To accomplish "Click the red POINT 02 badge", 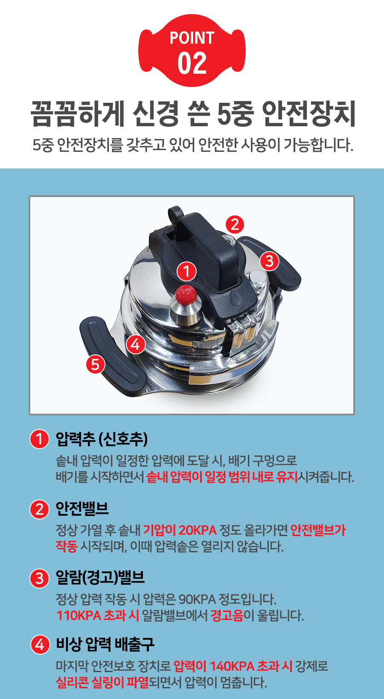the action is click(192, 51).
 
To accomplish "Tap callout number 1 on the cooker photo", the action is click(187, 271).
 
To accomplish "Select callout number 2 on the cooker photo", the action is click(235, 224).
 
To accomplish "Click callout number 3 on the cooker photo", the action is click(269, 261).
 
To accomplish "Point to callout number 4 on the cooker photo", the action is click(136, 345).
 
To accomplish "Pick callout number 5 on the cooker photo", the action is click(95, 364).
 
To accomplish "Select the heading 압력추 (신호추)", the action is click(102, 439).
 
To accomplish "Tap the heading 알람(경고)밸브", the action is click(100, 577).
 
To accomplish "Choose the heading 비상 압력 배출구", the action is click(105, 644).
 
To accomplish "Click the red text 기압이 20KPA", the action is click(180, 530).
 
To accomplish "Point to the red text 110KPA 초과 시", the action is click(98, 615).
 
